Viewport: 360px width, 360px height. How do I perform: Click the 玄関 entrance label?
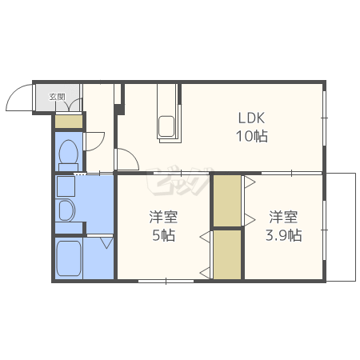(x=57, y=97)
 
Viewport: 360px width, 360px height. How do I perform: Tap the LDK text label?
(x=251, y=118)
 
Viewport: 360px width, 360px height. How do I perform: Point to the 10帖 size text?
(x=252, y=136)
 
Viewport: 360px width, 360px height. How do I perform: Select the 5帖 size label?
(x=163, y=235)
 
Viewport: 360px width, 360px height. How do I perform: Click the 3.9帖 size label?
(x=283, y=235)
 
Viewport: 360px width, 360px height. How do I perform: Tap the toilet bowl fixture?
(x=69, y=155)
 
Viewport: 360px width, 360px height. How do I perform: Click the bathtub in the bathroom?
(x=69, y=258)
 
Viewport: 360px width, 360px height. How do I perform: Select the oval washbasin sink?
(x=66, y=210)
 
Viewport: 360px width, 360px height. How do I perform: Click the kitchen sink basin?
(x=166, y=126)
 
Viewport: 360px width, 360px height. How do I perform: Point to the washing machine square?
(x=66, y=186)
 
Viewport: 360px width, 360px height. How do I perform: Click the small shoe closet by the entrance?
(x=69, y=122)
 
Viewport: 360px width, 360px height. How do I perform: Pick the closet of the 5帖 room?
(x=227, y=254)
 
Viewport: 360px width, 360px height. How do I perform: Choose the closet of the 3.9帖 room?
(x=227, y=201)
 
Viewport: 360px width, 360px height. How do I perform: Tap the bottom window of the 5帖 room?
(x=166, y=281)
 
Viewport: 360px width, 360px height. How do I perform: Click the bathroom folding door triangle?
(x=107, y=243)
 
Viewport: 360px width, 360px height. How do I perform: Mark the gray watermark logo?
(x=179, y=182)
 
